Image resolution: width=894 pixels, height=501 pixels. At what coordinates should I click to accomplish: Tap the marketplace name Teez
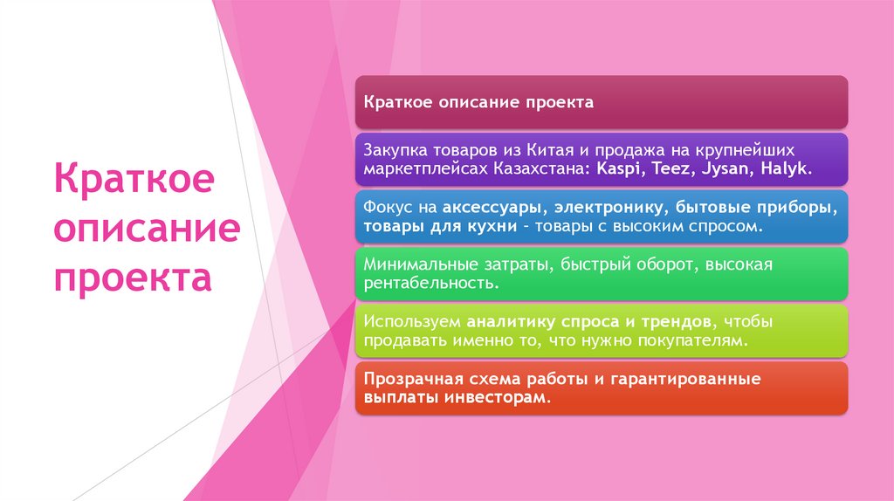[x=669, y=168]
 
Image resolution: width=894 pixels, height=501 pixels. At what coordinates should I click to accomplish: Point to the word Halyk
[x=783, y=168]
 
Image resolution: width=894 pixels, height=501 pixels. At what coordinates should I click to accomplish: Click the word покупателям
[x=691, y=340]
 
